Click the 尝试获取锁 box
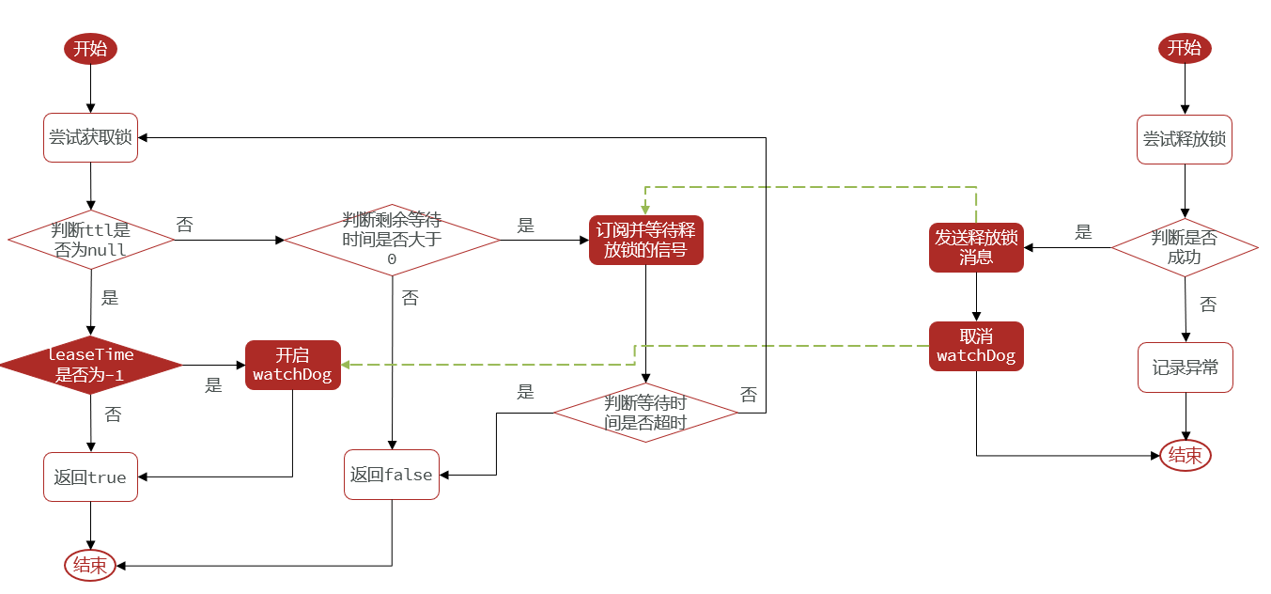click(x=91, y=137)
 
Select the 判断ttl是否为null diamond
click(x=91, y=240)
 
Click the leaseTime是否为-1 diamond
click(x=91, y=365)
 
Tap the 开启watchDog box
click(x=293, y=365)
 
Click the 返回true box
click(x=91, y=477)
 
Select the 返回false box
click(x=392, y=475)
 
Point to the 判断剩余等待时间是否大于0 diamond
click(x=392, y=240)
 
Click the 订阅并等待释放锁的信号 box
click(x=645, y=240)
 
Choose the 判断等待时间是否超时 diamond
click(x=645, y=413)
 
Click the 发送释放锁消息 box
click(x=977, y=247)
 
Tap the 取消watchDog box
click(x=977, y=347)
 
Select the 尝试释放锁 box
click(x=1185, y=140)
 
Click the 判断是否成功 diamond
click(x=1185, y=247)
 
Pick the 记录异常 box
click(x=1186, y=367)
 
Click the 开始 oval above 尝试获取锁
click(x=91, y=49)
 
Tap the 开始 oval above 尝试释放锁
click(x=1185, y=48)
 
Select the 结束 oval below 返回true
click(x=90, y=566)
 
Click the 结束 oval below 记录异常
click(x=1186, y=456)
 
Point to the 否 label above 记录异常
click(x=1208, y=305)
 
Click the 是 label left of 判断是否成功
click(x=1083, y=232)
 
